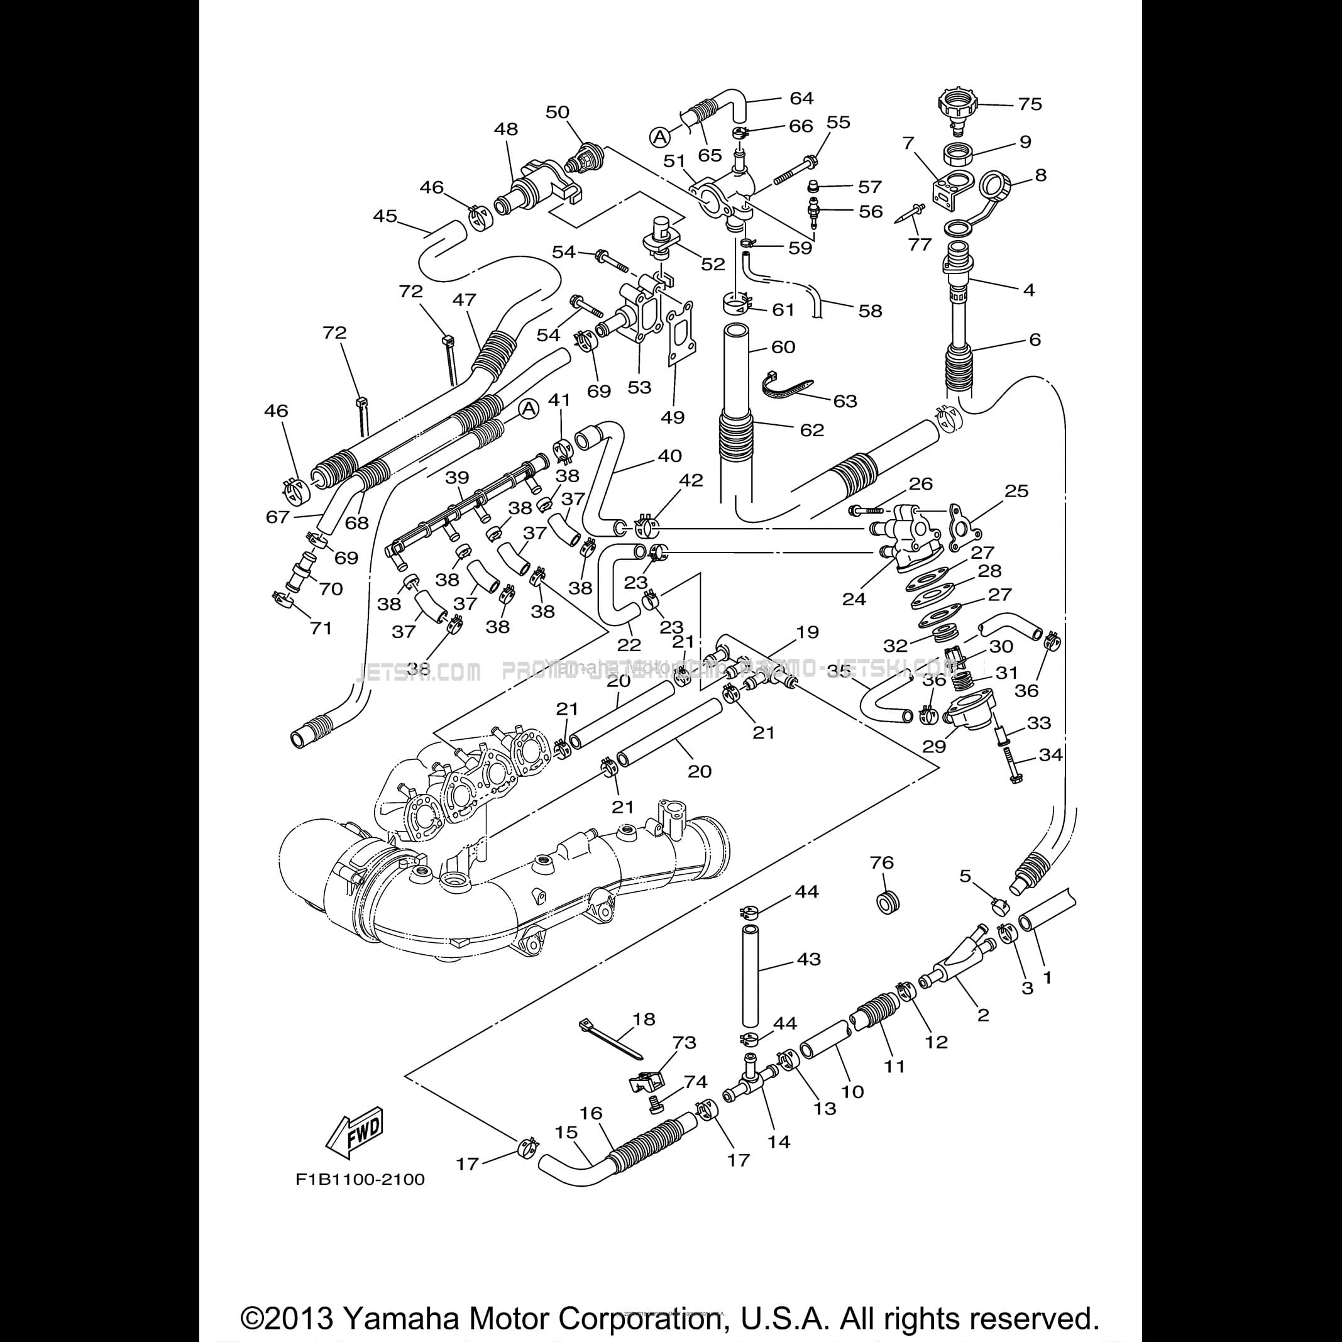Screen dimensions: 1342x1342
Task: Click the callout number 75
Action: [1030, 104]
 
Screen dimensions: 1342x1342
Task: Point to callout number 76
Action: [881, 862]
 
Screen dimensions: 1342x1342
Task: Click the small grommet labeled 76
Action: [886, 904]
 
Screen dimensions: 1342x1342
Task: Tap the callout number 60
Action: [784, 346]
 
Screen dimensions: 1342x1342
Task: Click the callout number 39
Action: [457, 477]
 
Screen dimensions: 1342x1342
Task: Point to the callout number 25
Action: [1016, 490]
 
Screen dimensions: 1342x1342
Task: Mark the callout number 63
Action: [845, 401]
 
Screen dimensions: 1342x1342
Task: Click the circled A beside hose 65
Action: [660, 137]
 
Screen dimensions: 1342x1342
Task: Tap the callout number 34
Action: [1050, 754]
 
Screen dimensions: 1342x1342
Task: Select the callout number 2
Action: [983, 1015]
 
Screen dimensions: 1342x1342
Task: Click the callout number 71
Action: [320, 628]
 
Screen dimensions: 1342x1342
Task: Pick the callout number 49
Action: [673, 417]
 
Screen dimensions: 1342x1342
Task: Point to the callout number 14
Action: [779, 1141]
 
